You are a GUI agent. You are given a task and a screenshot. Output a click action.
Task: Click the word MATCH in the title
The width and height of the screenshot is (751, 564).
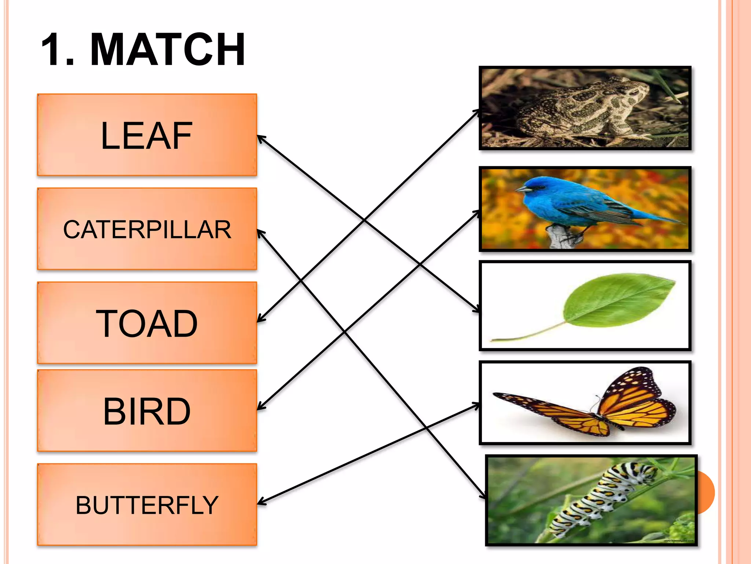(167, 50)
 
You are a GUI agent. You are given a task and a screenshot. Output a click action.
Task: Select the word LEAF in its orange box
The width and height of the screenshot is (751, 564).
(146, 136)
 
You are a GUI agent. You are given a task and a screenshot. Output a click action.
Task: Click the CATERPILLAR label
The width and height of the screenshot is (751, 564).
(147, 230)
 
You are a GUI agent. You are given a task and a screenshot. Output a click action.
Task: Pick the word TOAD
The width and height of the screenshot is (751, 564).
(147, 323)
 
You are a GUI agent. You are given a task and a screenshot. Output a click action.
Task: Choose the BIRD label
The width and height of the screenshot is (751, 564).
(147, 412)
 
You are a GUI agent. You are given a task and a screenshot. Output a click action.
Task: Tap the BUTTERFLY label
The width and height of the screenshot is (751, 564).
(147, 505)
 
